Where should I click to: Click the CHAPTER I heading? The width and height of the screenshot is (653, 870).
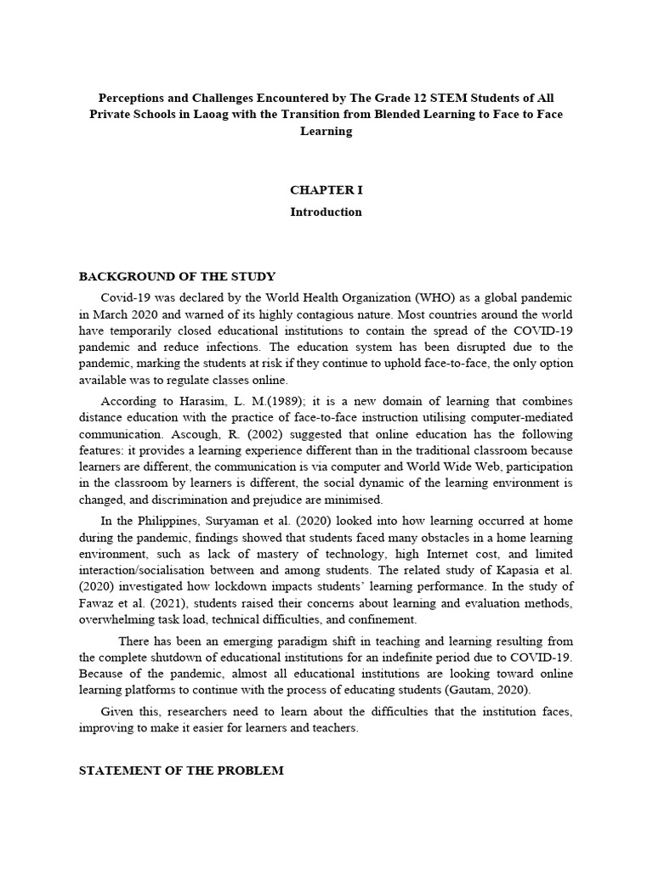pyautogui.click(x=326, y=190)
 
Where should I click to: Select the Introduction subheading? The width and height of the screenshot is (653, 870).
pyautogui.click(x=326, y=212)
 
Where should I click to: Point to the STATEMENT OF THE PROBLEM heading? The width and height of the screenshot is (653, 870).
pyautogui.click(x=181, y=770)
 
